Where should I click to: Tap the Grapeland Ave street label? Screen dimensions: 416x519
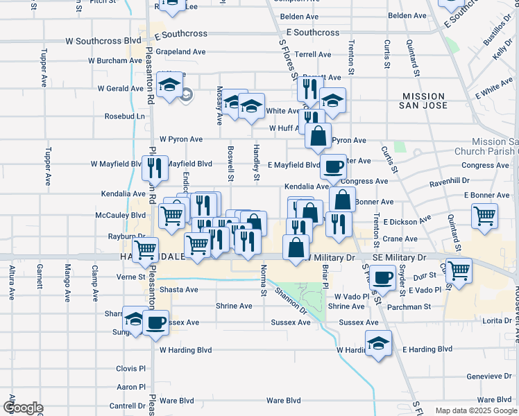click(180, 52)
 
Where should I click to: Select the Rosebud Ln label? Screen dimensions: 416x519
click(125, 116)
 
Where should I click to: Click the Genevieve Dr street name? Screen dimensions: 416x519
click(489, 376)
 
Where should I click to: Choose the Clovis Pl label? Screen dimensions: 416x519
click(131, 369)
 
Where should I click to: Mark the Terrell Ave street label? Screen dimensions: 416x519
click(313, 53)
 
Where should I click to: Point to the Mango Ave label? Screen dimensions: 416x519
click(68, 282)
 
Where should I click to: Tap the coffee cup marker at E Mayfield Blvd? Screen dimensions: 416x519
click(333, 166)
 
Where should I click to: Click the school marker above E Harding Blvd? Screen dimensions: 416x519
click(378, 343)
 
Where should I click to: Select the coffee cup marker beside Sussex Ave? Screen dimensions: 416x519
click(155, 322)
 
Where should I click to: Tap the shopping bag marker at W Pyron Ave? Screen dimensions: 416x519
click(318, 136)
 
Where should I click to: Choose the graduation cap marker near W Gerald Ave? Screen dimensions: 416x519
click(169, 85)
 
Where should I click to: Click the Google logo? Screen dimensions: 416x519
click(23, 408)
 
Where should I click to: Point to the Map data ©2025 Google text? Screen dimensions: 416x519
click(475, 411)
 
